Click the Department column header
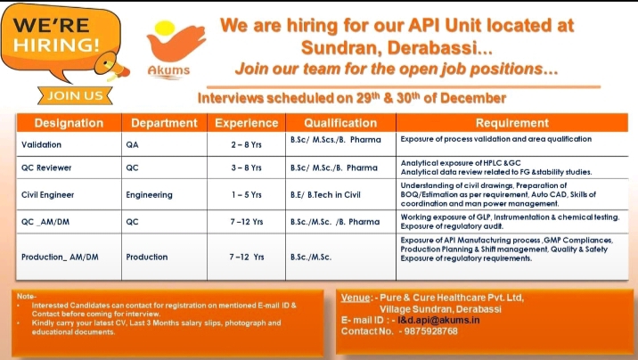[x=164, y=123]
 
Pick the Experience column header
[x=246, y=123]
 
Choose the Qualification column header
[x=340, y=123]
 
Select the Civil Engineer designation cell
[x=48, y=192]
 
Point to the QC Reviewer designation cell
[x=46, y=167]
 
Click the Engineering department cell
[x=150, y=192]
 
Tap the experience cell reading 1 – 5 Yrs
[x=246, y=192]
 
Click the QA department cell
[x=133, y=143]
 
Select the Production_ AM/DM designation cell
[x=60, y=257]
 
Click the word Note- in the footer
[x=26, y=295]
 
